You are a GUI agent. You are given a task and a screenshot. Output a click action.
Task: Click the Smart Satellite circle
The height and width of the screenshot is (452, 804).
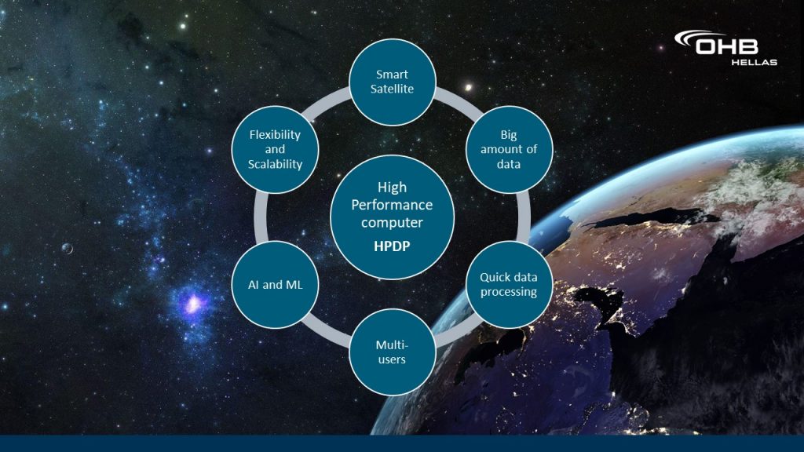tap(393, 82)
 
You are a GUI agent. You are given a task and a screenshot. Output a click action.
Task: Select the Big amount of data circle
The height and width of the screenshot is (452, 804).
tap(509, 150)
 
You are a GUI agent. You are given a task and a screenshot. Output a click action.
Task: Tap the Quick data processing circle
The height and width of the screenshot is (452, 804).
tap(509, 284)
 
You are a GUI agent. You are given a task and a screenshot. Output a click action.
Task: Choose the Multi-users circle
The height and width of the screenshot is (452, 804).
tap(393, 352)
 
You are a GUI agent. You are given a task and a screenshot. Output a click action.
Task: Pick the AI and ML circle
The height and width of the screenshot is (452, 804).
tap(276, 284)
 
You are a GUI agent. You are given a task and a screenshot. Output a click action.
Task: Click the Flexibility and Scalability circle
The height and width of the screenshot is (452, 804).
tap(276, 150)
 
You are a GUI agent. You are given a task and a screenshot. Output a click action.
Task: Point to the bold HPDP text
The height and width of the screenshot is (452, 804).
tap(393, 246)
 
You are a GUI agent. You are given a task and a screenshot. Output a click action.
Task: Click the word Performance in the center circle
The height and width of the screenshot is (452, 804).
tap(393, 205)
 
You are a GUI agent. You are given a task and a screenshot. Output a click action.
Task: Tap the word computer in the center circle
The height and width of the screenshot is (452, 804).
tap(393, 223)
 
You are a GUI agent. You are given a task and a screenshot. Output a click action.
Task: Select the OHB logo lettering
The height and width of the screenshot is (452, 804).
tap(727, 46)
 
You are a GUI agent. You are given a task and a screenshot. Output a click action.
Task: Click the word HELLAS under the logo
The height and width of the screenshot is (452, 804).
tap(754, 63)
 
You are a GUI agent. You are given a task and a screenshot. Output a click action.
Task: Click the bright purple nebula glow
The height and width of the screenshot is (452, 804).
tap(193, 304)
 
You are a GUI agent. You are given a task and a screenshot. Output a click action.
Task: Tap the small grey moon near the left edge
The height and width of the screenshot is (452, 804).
tap(68, 249)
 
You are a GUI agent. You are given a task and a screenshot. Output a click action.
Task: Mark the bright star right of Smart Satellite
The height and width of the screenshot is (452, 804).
tap(468, 88)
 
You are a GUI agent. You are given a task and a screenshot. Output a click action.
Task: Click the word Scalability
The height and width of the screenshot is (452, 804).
tap(276, 165)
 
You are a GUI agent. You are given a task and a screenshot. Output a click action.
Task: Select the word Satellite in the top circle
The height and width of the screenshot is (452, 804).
tap(393, 89)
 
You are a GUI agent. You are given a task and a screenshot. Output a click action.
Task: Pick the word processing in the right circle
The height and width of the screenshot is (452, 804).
tap(509, 292)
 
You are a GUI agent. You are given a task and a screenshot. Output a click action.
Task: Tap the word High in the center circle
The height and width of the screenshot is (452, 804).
tap(393, 188)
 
